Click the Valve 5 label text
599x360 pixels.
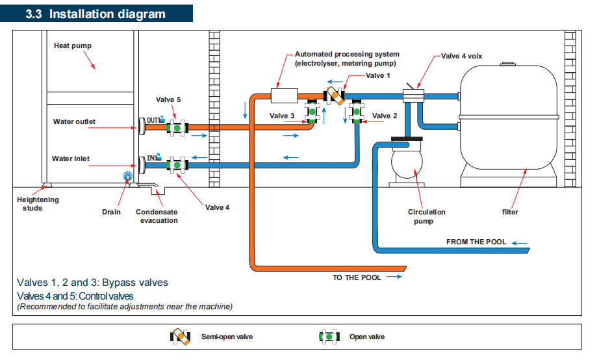pos(169,99)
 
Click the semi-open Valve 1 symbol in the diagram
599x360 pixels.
pos(335,95)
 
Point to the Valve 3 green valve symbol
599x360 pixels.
pos(313,111)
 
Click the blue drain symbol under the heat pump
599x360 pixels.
pos(127,175)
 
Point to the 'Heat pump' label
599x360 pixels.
pos(73,46)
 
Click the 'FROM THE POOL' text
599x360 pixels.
pos(476,242)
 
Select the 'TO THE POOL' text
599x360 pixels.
pos(357,277)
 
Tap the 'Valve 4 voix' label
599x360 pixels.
pos(463,56)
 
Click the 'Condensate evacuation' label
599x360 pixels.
pos(157,216)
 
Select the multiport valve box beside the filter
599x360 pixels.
pos(413,97)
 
